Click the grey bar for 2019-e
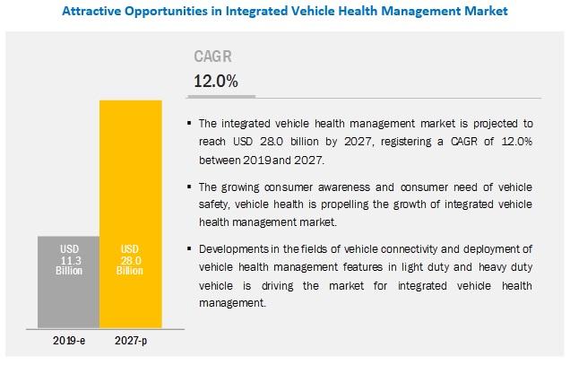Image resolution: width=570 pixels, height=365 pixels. pyautogui.click(x=68, y=282)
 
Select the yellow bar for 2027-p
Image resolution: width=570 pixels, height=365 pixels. pyautogui.click(x=131, y=214)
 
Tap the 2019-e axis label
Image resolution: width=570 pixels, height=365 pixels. pyautogui.click(x=69, y=341)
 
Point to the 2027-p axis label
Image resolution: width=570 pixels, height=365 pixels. pyautogui.click(x=131, y=341)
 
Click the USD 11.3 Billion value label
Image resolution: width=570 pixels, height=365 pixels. pyautogui.click(x=69, y=260)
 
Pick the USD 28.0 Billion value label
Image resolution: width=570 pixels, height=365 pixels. pyautogui.click(x=130, y=260)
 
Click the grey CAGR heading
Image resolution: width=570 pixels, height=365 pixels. pyautogui.click(x=212, y=56)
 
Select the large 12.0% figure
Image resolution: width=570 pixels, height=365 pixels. pyautogui.click(x=216, y=81)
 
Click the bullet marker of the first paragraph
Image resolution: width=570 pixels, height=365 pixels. pyautogui.click(x=189, y=124)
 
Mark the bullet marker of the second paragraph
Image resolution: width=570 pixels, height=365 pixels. pyautogui.click(x=189, y=187)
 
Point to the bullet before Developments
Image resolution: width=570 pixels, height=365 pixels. pyautogui.click(x=189, y=249)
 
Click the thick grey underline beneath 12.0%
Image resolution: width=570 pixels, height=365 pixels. pyautogui.click(x=221, y=97)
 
